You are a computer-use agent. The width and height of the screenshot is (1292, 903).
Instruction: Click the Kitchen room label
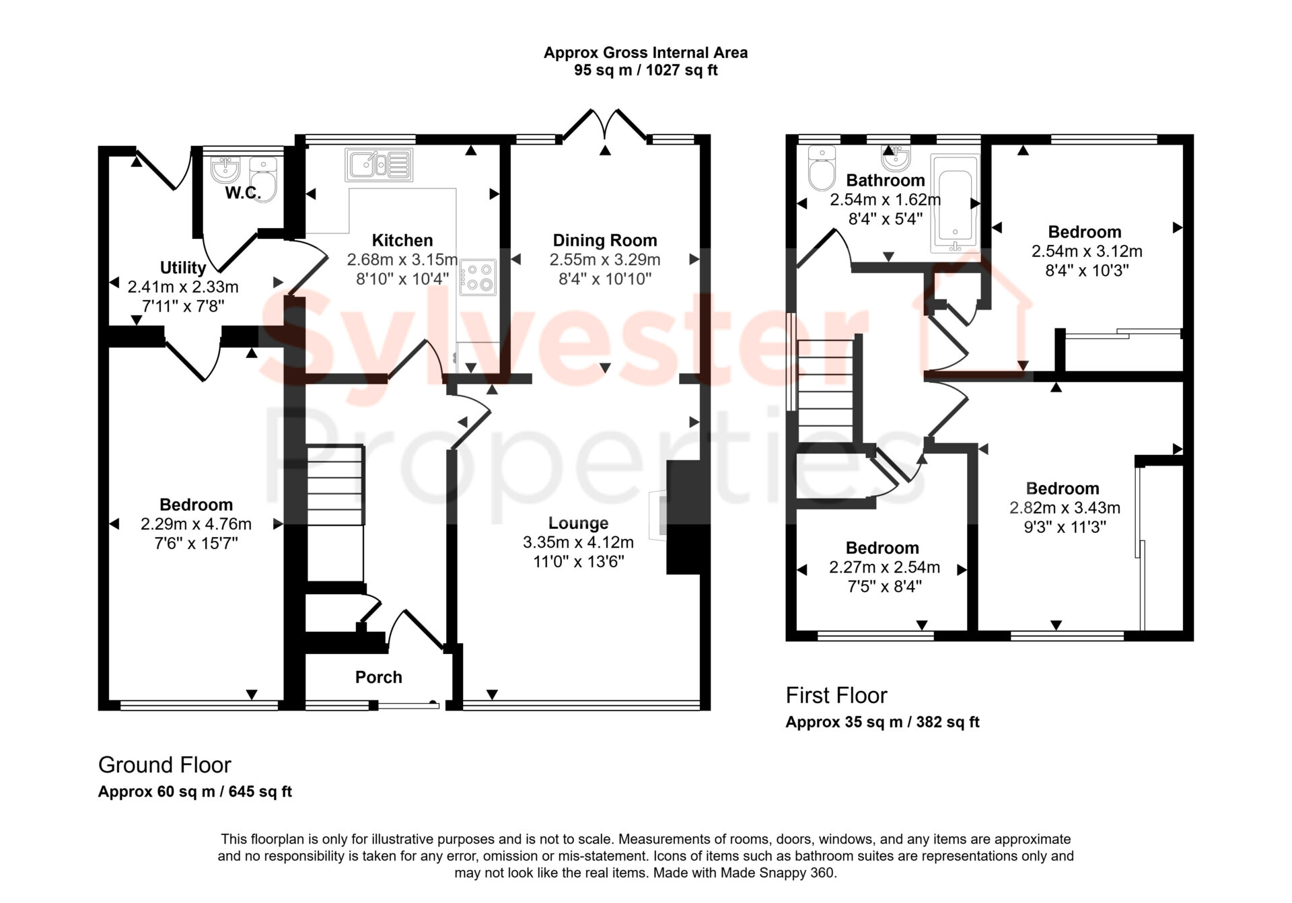402,240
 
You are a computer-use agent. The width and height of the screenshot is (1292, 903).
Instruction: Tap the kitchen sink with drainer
379,165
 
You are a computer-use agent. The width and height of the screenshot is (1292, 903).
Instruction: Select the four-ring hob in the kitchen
478,277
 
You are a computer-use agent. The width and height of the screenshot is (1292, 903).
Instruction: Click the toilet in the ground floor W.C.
263,179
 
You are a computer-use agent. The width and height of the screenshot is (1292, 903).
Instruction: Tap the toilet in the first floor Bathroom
822,168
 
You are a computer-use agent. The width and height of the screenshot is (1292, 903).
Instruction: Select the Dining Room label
605,240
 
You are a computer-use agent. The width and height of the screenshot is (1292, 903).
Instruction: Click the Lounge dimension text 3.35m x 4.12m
579,542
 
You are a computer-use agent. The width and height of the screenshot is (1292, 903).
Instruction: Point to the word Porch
379,677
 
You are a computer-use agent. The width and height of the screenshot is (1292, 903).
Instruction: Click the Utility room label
183,267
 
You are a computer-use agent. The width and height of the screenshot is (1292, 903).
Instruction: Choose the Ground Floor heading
165,765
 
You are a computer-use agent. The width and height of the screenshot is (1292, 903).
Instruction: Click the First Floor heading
836,695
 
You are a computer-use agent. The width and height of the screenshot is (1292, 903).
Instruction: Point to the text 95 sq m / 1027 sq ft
646,70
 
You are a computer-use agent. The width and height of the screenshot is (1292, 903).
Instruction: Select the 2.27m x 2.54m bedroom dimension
884,567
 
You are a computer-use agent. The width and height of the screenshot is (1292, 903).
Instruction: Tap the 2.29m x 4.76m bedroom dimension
196,523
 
